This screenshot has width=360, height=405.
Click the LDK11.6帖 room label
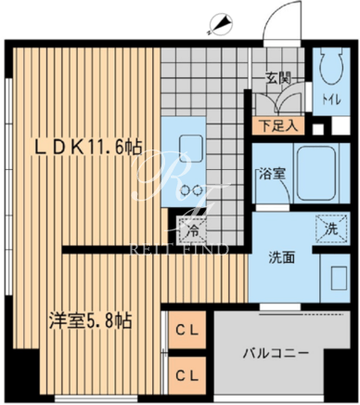pyautogui.click(x=88, y=148)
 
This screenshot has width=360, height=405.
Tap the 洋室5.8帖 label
pyautogui.click(x=91, y=320)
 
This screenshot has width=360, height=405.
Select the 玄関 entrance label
pyautogui.click(x=278, y=79)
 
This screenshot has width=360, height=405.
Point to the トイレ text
pyautogui.click(x=331, y=100)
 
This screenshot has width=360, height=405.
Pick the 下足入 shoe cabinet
pyautogui.click(x=278, y=126)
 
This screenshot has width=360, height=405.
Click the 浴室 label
pyautogui.click(x=272, y=174)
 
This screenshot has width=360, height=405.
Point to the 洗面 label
pyautogui.click(x=281, y=257)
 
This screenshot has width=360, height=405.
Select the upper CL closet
pyautogui.click(x=186, y=330)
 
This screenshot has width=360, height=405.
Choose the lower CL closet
pyautogui.click(x=186, y=375)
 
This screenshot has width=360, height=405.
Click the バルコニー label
pyautogui.click(x=276, y=353)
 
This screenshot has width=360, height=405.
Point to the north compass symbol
pyautogui.click(x=220, y=24)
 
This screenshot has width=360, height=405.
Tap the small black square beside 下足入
pyautogui.click(x=318, y=129)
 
